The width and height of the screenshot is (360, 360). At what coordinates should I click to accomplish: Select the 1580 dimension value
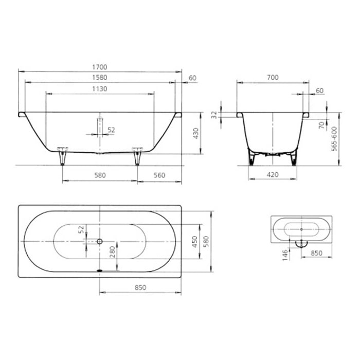coord(100,78)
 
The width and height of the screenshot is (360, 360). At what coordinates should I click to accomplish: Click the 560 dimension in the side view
coord(160,175)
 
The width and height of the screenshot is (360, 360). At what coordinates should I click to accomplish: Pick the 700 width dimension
coord(273,77)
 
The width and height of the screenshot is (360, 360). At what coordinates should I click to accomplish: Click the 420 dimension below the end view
coord(273,175)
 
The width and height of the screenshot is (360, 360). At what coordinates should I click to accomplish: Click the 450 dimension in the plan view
coord(194,242)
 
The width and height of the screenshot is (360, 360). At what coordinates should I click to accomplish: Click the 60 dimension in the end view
coord(319,91)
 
